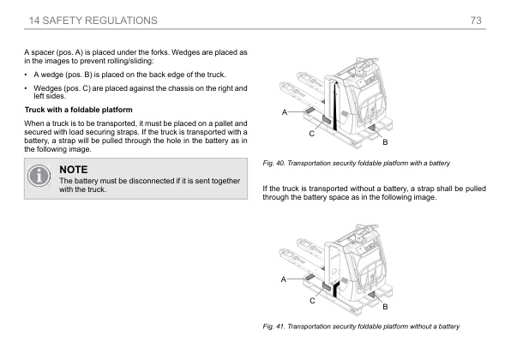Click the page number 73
pyautogui.click(x=476, y=21)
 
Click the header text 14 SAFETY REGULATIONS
pyautogui.click(x=93, y=21)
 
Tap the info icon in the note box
pyautogui.click(x=39, y=176)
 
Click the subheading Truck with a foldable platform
pyautogui.click(x=79, y=110)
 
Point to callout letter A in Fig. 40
pyautogui.click(x=284, y=112)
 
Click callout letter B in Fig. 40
pyautogui.click(x=385, y=142)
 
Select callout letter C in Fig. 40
pyautogui.click(x=311, y=134)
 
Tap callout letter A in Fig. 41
pyautogui.click(x=284, y=279)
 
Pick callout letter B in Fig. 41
pyautogui.click(x=385, y=307)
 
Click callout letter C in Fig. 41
pyautogui.click(x=312, y=301)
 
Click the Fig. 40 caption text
pyautogui.click(x=356, y=163)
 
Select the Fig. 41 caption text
pyautogui.click(x=361, y=327)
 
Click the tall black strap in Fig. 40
pyautogui.click(x=335, y=107)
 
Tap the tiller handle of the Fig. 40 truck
pyautogui.click(x=367, y=63)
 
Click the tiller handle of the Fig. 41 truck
pyautogui.click(x=367, y=229)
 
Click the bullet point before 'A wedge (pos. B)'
pyautogui.click(x=26, y=75)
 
